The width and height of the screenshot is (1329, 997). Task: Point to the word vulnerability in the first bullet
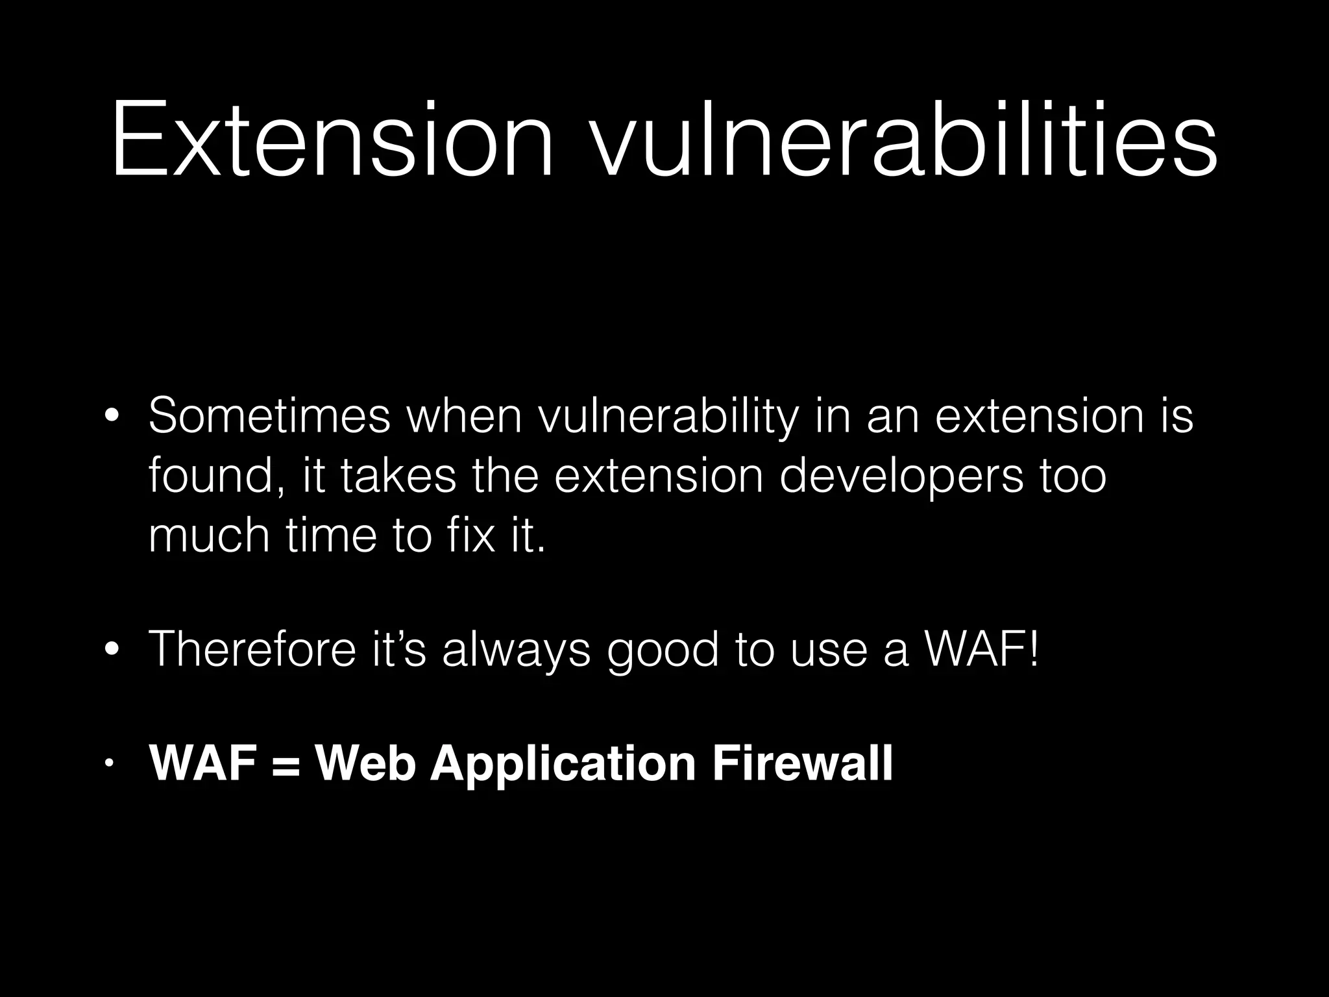point(668,417)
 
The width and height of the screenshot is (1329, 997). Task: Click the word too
point(1073,476)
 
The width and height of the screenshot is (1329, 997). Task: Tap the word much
point(208,535)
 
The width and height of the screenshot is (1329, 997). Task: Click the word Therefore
point(252,649)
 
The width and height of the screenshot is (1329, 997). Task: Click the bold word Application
point(563,765)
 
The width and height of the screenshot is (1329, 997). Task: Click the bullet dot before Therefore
point(112,649)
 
